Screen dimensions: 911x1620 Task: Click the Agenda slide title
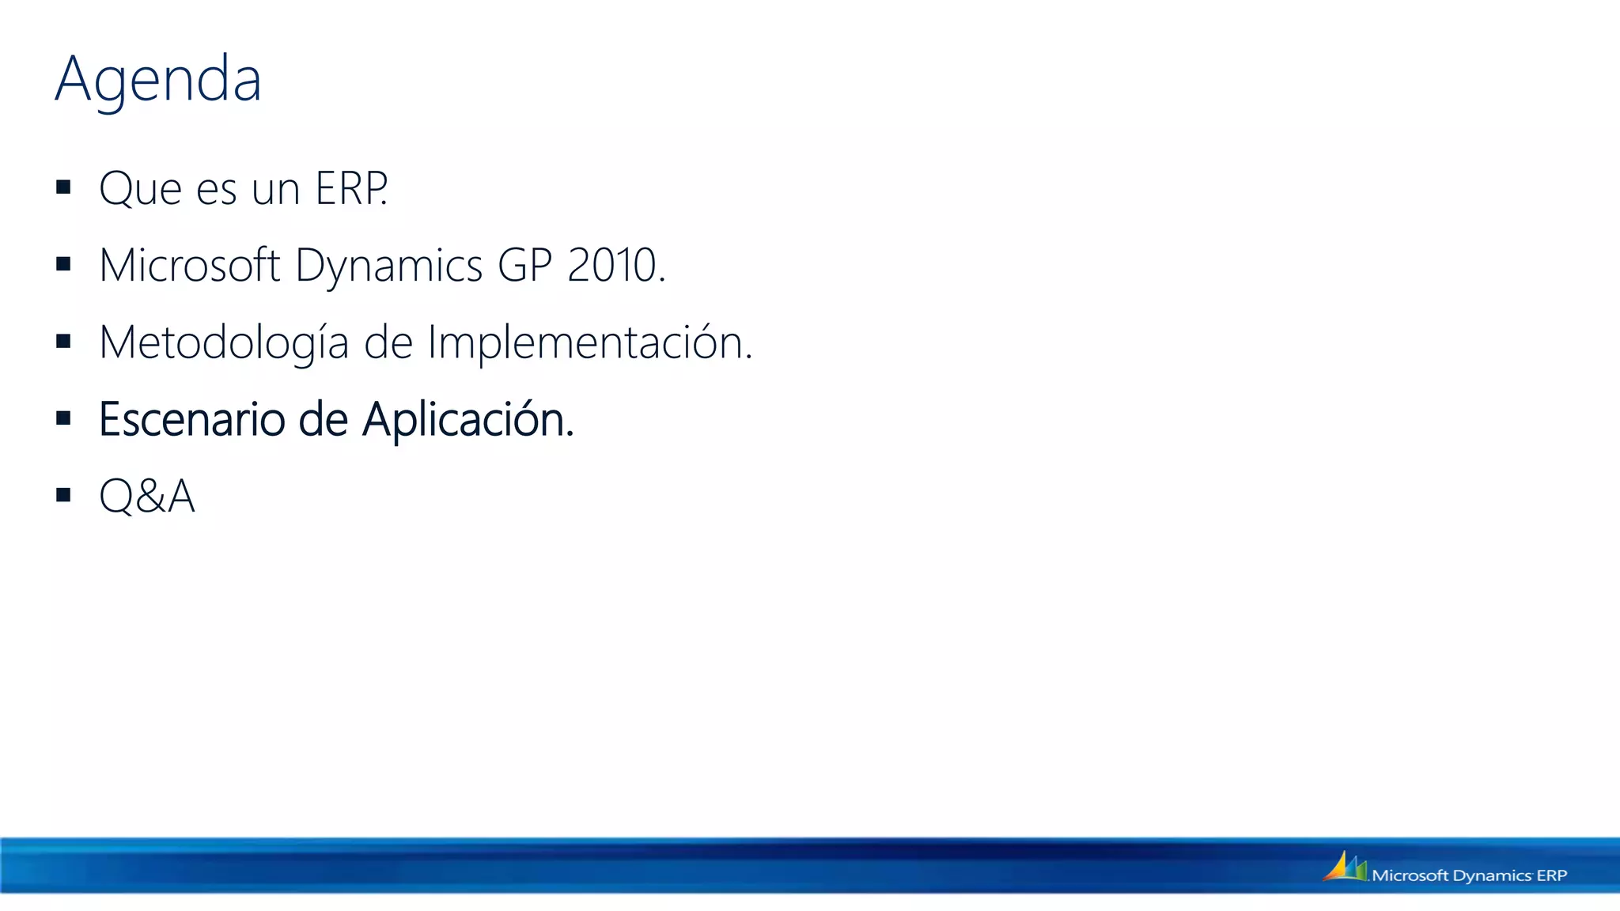[x=158, y=80]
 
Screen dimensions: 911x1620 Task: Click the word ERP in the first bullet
[x=351, y=189]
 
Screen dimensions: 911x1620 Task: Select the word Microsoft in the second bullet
[x=190, y=265]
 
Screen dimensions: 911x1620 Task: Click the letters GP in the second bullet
[x=524, y=265]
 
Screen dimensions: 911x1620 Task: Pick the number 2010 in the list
[x=612, y=265]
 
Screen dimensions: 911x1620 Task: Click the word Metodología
[x=224, y=343]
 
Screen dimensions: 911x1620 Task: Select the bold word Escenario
[x=191, y=419]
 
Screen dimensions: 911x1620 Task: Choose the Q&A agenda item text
[x=147, y=497]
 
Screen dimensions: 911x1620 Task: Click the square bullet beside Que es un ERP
[x=64, y=187]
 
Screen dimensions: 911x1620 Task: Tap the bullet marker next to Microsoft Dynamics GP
[x=64, y=264]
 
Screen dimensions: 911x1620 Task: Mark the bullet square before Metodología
[x=64, y=342]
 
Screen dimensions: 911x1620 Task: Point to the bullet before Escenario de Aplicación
[x=64, y=418]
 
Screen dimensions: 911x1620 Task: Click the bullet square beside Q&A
[x=64, y=496]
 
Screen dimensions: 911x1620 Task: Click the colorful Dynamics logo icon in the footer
[x=1345, y=867]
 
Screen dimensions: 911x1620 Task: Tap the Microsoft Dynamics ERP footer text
[x=1470, y=875]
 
